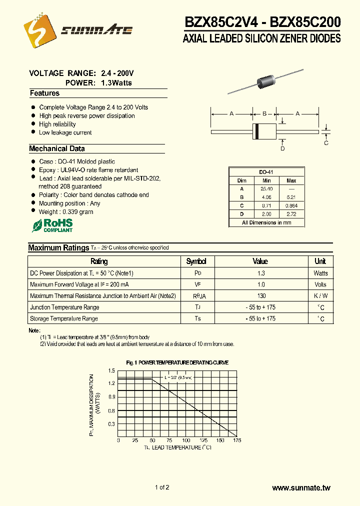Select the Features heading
(x=44, y=93)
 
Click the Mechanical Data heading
(x=57, y=148)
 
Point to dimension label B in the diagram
(x=264, y=114)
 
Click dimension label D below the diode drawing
(x=282, y=148)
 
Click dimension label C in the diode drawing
(x=326, y=143)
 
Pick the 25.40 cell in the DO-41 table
(x=266, y=188)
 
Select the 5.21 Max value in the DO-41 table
(x=291, y=197)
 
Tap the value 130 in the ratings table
(x=260, y=296)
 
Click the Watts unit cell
(x=320, y=273)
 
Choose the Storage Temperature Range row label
(x=64, y=318)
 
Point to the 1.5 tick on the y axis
(x=111, y=370)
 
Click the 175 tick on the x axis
(x=237, y=440)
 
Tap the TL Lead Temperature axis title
(x=177, y=447)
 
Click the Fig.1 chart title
(x=177, y=362)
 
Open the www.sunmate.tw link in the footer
(x=301, y=488)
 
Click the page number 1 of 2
(x=162, y=487)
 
